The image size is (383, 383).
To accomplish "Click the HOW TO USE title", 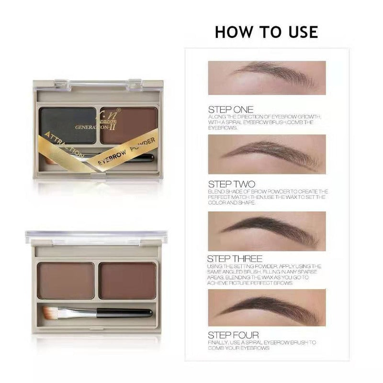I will [266, 32].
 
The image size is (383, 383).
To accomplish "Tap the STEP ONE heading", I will [231, 110].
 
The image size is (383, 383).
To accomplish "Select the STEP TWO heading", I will [232, 184].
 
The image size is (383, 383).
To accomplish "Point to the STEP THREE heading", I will [235, 259].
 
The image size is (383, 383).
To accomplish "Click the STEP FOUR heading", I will [234, 335].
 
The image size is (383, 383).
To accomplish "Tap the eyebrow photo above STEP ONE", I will [267, 78].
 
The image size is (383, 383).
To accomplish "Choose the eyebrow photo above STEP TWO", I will [267, 154].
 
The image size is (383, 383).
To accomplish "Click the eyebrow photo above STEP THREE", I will [267, 230].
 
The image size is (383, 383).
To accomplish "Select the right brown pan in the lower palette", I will [128, 281].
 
